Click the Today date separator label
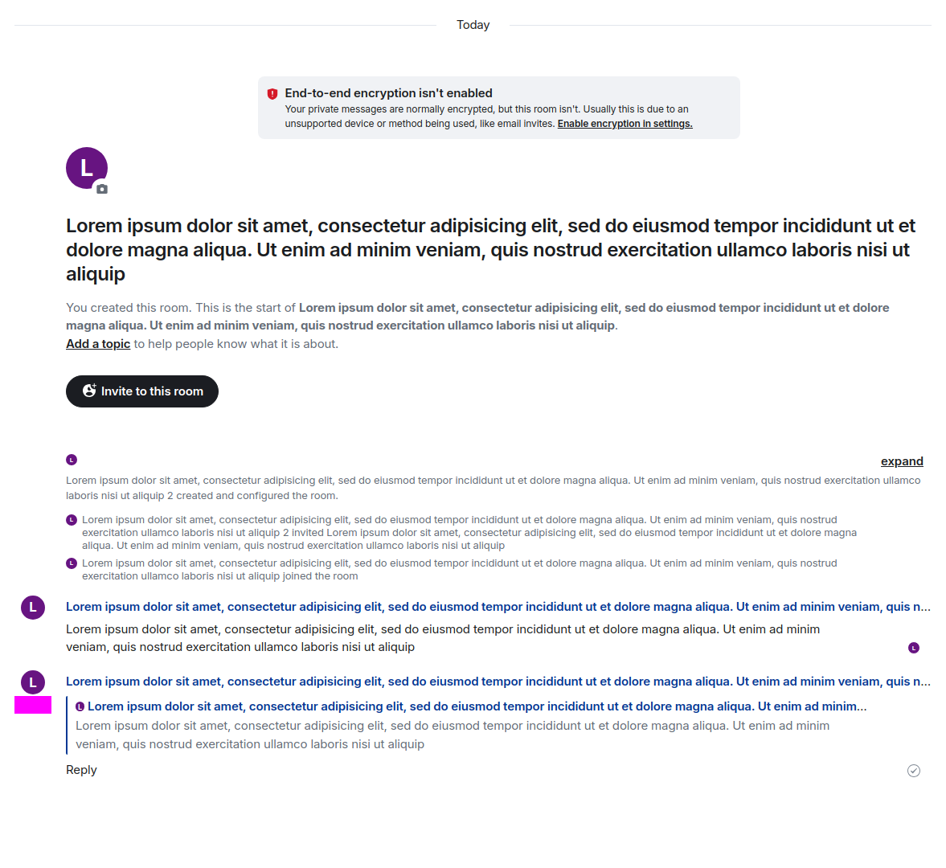pyautogui.click(x=473, y=25)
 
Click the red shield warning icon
pyautogui.click(x=272, y=94)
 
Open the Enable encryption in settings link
pyautogui.click(x=625, y=124)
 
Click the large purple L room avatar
pyautogui.click(x=86, y=167)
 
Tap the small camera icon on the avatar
pyautogui.click(x=101, y=189)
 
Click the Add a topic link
pyautogui.click(x=98, y=344)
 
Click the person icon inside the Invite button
pyautogui.click(x=89, y=391)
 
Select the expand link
pyautogui.click(x=902, y=461)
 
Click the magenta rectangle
pyautogui.click(x=33, y=705)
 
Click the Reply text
pyautogui.click(x=81, y=770)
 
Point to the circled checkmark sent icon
pyautogui.click(x=914, y=771)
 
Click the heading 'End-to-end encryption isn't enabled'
pyautogui.click(x=388, y=93)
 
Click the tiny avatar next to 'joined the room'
pyautogui.click(x=72, y=563)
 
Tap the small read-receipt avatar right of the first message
pyautogui.click(x=914, y=648)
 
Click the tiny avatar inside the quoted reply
pyautogui.click(x=80, y=706)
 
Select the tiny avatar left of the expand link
pyautogui.click(x=72, y=460)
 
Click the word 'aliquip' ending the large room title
pyautogui.click(x=96, y=274)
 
